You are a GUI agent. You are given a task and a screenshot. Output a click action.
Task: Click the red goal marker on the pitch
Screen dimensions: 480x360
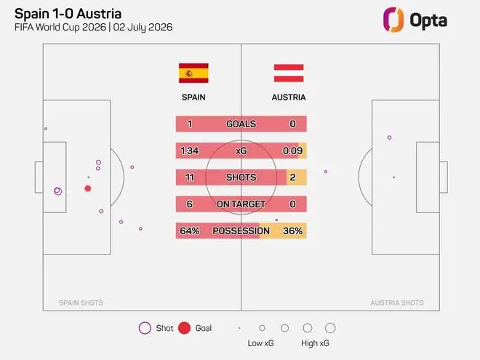point(88,188)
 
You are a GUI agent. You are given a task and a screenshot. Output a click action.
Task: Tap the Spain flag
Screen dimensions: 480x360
point(193,73)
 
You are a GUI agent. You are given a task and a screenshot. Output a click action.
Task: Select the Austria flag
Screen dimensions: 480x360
point(289,73)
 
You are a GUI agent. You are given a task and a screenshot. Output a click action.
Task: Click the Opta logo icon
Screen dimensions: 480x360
point(393,20)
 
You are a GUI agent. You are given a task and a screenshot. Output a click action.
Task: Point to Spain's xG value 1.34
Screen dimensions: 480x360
point(190,151)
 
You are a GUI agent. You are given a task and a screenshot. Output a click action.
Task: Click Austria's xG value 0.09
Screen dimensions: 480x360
point(292,151)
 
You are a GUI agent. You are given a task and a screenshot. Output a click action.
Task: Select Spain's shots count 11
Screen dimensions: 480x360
point(190,177)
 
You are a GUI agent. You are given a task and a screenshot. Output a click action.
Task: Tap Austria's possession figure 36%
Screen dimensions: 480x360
point(292,231)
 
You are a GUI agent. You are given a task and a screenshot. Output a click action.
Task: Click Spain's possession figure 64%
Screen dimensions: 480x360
point(190,231)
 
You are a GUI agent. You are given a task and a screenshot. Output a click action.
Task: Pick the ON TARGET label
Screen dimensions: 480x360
point(241,204)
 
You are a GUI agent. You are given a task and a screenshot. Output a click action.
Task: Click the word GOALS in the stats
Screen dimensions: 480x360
point(241,124)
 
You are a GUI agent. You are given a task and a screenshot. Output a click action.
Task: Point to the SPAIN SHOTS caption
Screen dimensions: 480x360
point(81,303)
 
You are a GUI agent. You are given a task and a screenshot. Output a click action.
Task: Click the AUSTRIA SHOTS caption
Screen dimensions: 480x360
point(397,303)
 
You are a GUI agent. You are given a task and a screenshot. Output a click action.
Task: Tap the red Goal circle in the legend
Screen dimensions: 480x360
point(184,328)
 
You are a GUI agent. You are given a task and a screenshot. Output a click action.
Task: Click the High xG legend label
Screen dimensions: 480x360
point(315,343)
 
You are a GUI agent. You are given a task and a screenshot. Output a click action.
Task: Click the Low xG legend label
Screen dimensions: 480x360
point(260,343)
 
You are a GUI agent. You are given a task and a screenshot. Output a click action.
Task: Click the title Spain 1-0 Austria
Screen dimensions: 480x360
point(68,14)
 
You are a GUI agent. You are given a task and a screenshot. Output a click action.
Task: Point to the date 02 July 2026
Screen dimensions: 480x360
point(143,27)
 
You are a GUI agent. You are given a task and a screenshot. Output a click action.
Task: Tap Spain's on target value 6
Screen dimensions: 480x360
point(190,204)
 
